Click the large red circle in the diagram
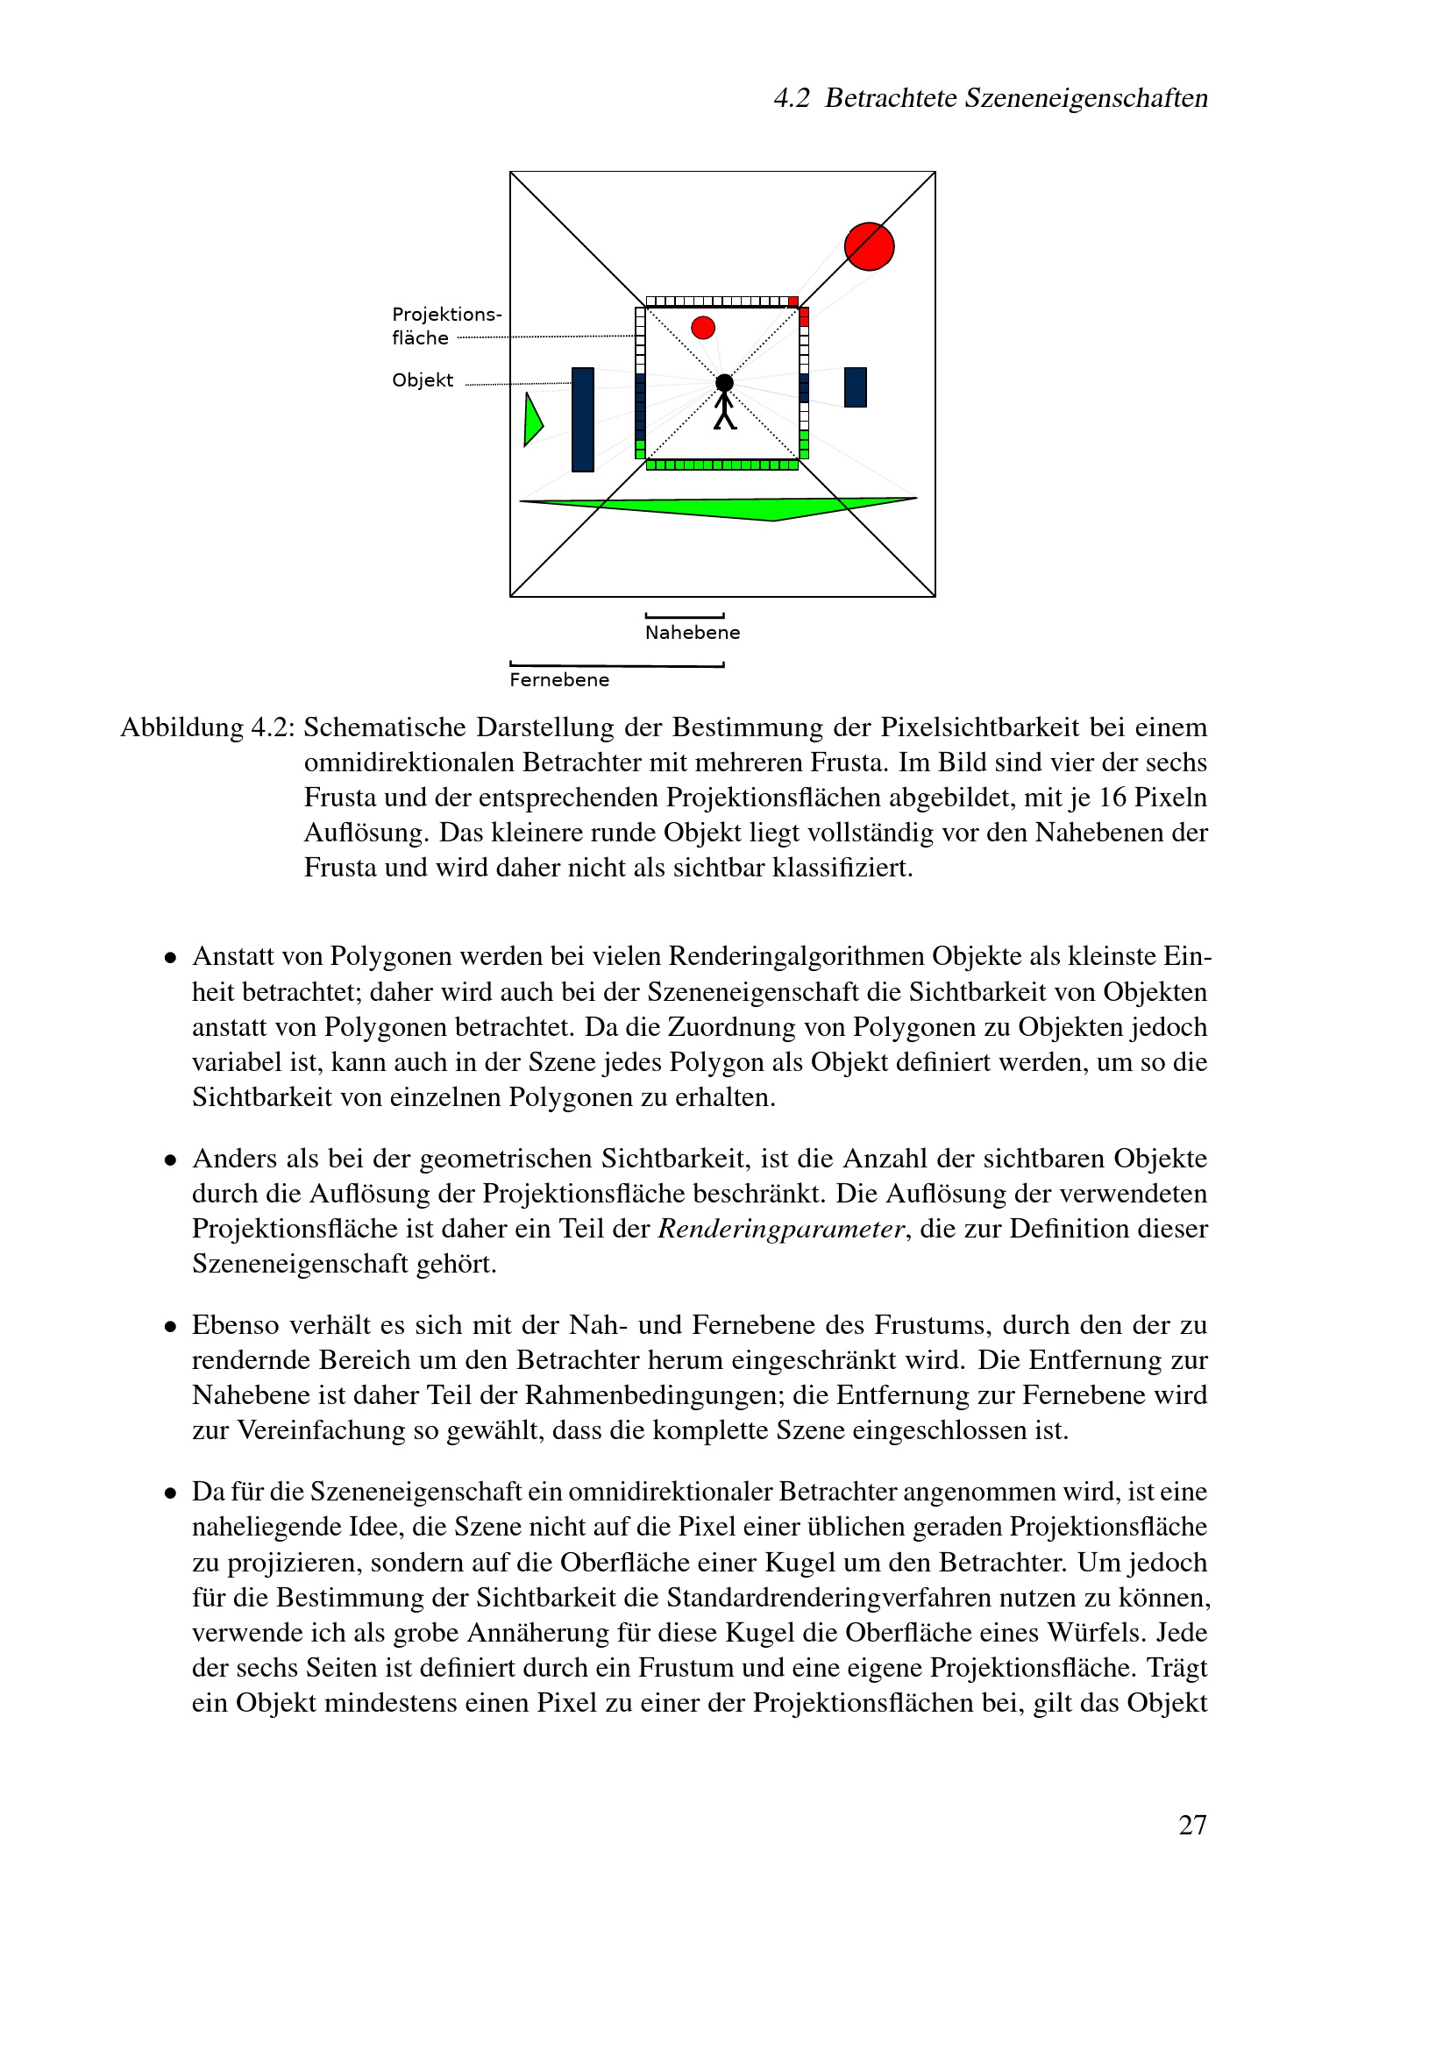point(869,246)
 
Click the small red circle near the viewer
point(703,328)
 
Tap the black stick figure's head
point(724,382)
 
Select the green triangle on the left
point(532,420)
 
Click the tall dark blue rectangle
point(582,419)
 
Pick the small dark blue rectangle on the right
point(855,387)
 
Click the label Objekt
point(423,380)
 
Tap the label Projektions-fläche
point(445,326)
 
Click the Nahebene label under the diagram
point(692,633)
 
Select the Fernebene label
point(559,680)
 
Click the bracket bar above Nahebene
point(684,616)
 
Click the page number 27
point(1192,1825)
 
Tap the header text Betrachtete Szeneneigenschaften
point(1015,98)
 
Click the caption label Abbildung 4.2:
point(207,727)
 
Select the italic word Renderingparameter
point(781,1230)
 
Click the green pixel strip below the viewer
point(721,465)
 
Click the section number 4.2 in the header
point(791,98)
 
